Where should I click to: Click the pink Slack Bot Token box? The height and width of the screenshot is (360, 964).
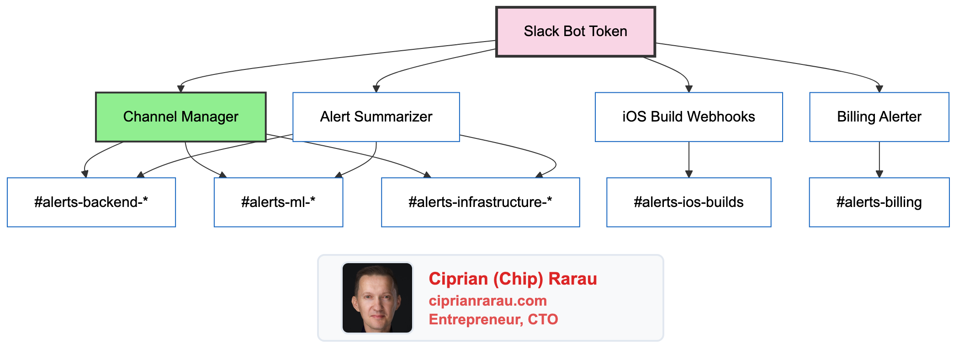[575, 32]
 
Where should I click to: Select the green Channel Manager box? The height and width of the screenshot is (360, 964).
[180, 117]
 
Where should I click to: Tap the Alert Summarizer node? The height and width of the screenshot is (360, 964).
[376, 117]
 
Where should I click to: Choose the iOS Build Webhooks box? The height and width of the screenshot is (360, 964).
[688, 117]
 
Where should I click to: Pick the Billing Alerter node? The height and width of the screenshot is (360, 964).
[879, 117]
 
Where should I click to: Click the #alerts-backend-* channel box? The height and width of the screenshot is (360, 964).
[91, 202]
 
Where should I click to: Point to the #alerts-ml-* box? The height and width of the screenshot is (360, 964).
[278, 202]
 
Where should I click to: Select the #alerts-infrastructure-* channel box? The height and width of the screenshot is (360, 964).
[480, 202]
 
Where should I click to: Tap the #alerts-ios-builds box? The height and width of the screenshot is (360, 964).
[688, 202]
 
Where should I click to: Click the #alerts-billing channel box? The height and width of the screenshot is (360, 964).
[879, 202]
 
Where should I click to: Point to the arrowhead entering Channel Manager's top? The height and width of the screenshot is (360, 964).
[181, 89]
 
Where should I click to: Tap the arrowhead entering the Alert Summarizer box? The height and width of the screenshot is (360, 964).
[376, 89]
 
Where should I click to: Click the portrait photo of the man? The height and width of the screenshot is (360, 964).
[377, 298]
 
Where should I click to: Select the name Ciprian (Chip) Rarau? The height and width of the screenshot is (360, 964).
[513, 279]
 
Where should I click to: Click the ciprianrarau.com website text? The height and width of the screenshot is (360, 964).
[487, 301]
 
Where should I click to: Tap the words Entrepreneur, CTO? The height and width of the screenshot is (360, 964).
[493, 319]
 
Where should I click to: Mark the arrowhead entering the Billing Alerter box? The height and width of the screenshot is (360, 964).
[879, 89]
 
